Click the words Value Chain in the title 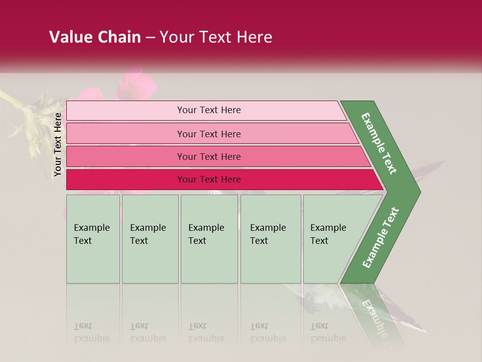coord(95,37)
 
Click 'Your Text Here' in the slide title coord(216,37)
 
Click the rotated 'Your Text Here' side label coord(58,144)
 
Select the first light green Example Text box coord(93,239)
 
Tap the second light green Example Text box coord(150,239)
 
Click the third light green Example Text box coord(209,239)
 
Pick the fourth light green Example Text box coord(271,239)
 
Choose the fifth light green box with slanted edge coord(331,239)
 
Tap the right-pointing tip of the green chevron coord(415,192)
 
